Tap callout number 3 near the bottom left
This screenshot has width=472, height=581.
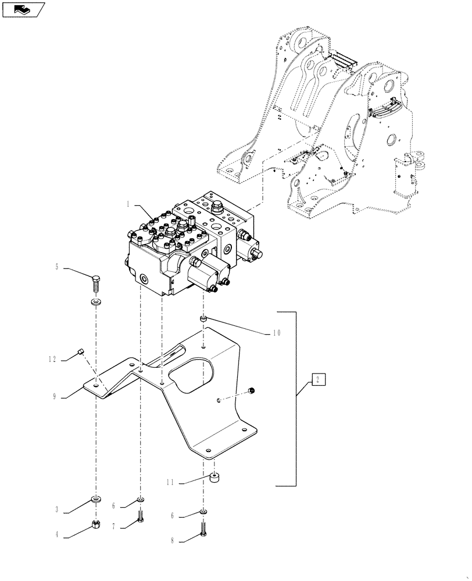[x=57, y=510]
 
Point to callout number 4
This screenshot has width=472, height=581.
[x=57, y=536]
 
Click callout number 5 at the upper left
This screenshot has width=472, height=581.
[x=57, y=268]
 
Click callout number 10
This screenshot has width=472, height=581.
[x=276, y=333]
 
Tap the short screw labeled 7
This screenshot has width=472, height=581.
[x=140, y=517]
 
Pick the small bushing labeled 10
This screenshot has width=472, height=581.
[x=203, y=319]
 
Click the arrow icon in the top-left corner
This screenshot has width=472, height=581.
[x=23, y=10]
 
